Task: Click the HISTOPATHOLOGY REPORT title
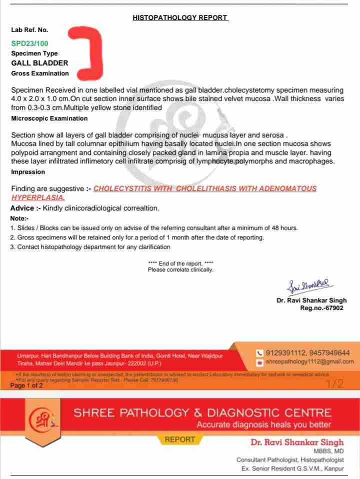(180, 17)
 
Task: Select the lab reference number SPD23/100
(30, 43)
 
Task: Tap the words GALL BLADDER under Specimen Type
(39, 63)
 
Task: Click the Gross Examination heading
(40, 73)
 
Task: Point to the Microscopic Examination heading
(49, 118)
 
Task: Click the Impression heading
(28, 172)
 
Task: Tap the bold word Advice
(22, 208)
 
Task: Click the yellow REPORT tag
(180, 439)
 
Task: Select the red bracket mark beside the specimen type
(90, 54)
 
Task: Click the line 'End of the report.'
(180, 263)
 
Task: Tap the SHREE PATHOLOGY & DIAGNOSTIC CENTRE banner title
(202, 412)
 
